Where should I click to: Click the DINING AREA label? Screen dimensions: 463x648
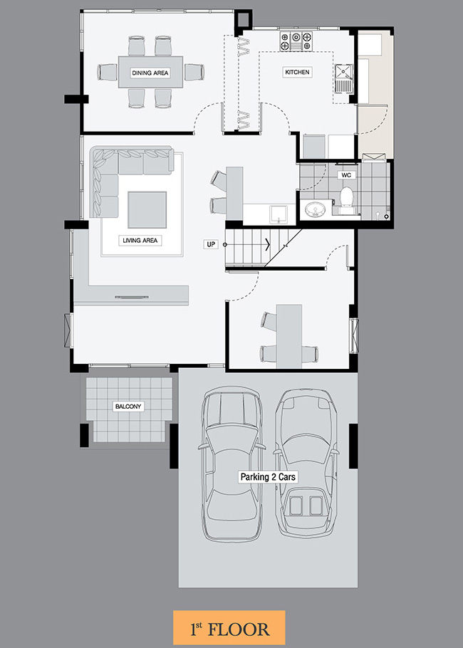pyautogui.click(x=150, y=73)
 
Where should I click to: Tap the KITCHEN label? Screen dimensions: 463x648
pyautogui.click(x=297, y=72)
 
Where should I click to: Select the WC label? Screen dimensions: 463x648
pyautogui.click(x=346, y=175)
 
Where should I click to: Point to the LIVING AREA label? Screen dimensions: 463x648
pyautogui.click(x=140, y=240)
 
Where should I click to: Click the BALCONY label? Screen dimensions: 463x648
pyautogui.click(x=128, y=407)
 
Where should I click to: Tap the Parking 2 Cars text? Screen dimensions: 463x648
pyautogui.click(x=269, y=477)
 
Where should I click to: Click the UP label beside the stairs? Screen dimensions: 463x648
pyautogui.click(x=212, y=244)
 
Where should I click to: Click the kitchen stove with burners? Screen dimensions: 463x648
pyautogui.click(x=296, y=41)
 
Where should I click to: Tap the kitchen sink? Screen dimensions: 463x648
pyautogui.click(x=343, y=78)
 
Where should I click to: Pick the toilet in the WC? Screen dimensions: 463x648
pyautogui.click(x=346, y=200)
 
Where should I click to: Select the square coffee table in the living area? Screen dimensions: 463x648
pyautogui.click(x=147, y=209)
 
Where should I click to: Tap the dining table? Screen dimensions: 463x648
pyautogui.click(x=150, y=72)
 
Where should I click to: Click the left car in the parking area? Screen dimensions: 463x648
pyautogui.click(x=231, y=464)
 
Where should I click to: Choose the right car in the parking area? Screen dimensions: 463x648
pyautogui.click(x=306, y=462)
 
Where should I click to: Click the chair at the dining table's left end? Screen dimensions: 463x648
pyautogui.click(x=108, y=73)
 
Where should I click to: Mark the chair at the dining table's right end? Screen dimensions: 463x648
pyautogui.click(x=194, y=73)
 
